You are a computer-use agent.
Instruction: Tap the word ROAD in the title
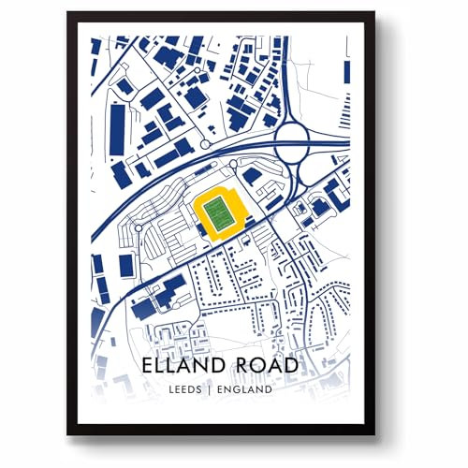pyautogui.click(x=267, y=363)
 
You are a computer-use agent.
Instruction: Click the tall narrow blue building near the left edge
pyautogui.click(x=117, y=130)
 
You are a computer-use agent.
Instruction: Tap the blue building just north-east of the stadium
pyautogui.click(x=252, y=177)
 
